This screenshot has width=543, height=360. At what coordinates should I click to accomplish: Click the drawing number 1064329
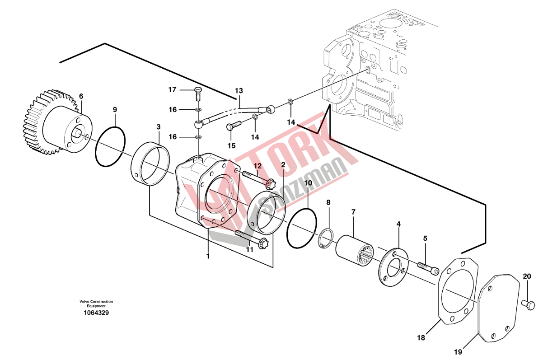point(96,313)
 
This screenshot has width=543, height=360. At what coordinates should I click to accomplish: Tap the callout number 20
point(527,276)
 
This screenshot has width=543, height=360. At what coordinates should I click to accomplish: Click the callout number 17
point(173,90)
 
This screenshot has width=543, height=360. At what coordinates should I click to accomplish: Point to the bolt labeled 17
point(198,94)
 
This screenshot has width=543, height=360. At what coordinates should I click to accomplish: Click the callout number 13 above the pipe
point(239,91)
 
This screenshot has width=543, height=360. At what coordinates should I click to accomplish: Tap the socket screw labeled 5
point(428,269)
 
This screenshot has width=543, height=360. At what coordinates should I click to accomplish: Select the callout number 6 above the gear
point(81,96)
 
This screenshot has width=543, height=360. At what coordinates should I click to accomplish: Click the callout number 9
point(115,110)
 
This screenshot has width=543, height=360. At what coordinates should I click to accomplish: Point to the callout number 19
point(458,352)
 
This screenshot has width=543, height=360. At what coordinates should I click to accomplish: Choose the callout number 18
point(421,338)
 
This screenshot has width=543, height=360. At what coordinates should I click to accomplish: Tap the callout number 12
point(257,166)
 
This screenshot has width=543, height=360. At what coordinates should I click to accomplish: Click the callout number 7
point(353,212)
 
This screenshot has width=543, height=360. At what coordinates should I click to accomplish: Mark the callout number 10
point(308,183)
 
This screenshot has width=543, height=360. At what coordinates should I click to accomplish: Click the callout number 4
point(398,224)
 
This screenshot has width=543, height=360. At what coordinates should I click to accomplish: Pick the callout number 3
point(158,127)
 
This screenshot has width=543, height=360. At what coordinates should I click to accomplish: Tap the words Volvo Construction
point(96,302)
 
